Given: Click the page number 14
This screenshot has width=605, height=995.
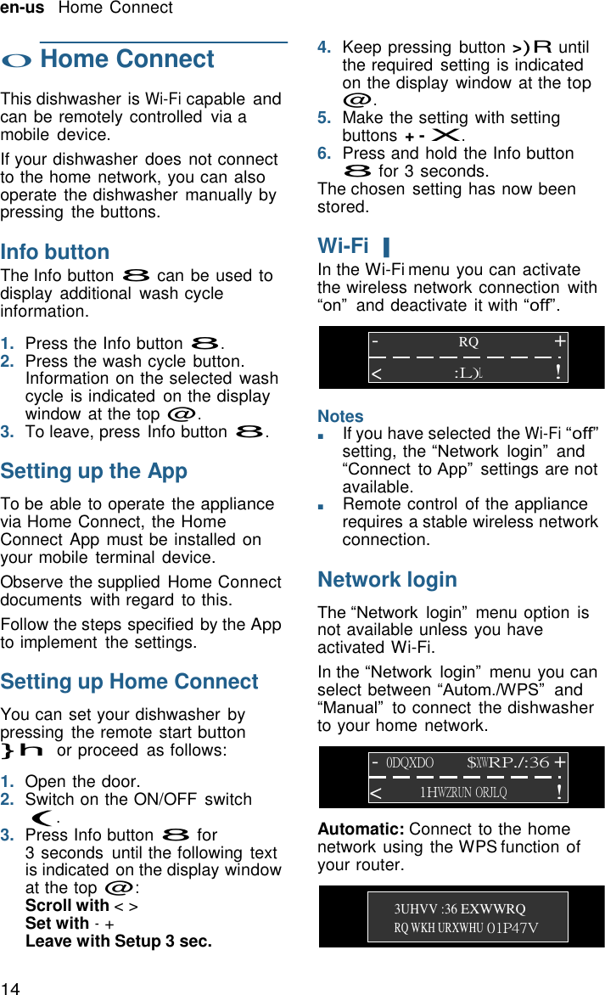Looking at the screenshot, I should point(10,987).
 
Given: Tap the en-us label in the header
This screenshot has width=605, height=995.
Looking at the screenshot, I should point(22,8).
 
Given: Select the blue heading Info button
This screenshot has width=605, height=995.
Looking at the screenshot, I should point(55,252).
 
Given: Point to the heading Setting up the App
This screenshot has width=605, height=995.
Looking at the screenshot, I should point(94,471).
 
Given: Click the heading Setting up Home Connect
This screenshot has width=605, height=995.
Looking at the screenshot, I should point(129,682).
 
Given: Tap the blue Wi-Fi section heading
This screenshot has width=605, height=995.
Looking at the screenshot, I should point(344,246).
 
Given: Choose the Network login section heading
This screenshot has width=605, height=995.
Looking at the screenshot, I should point(387,580).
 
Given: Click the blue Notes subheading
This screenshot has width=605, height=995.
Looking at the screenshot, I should point(340,416).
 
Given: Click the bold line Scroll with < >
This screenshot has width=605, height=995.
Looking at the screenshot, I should point(81,905).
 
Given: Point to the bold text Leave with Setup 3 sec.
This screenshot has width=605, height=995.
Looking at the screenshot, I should point(119,941).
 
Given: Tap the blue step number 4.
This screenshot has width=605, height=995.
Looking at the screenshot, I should point(323,48).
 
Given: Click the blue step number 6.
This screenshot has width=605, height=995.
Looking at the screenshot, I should point(323,154).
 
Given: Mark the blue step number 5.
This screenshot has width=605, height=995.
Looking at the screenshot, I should point(323,118).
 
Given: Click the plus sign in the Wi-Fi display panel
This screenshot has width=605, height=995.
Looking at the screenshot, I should point(559,341).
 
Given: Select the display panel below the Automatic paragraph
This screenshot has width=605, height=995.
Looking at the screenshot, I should point(462,917).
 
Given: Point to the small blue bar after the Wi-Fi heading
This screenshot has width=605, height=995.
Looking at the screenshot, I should point(386,248).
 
